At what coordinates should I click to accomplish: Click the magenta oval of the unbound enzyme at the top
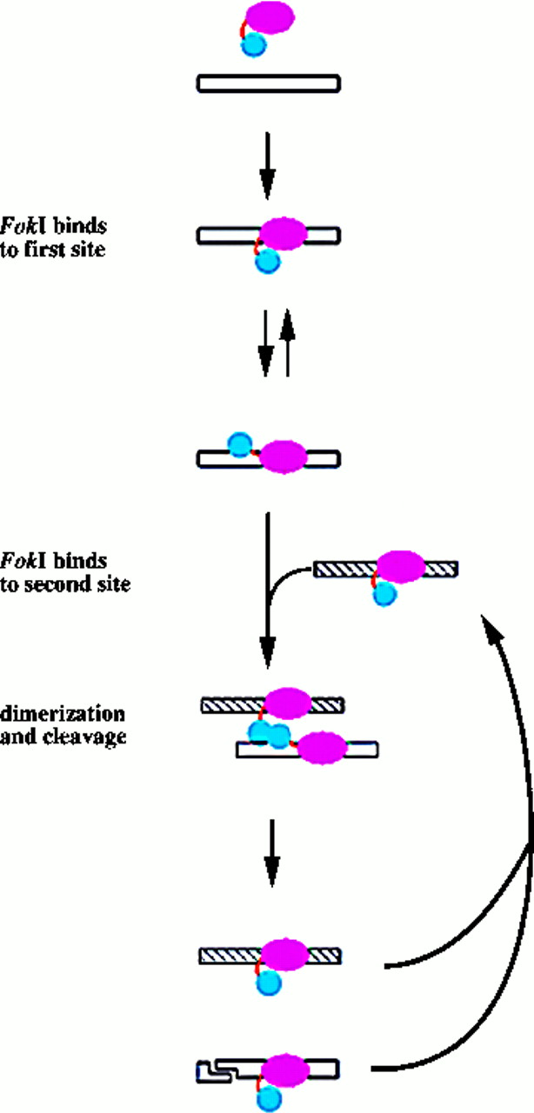(270, 17)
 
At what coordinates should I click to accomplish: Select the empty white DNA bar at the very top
(268, 83)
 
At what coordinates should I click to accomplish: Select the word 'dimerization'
(63, 715)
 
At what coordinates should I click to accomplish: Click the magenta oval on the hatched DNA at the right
(401, 566)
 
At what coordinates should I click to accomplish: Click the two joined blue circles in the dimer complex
(268, 736)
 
